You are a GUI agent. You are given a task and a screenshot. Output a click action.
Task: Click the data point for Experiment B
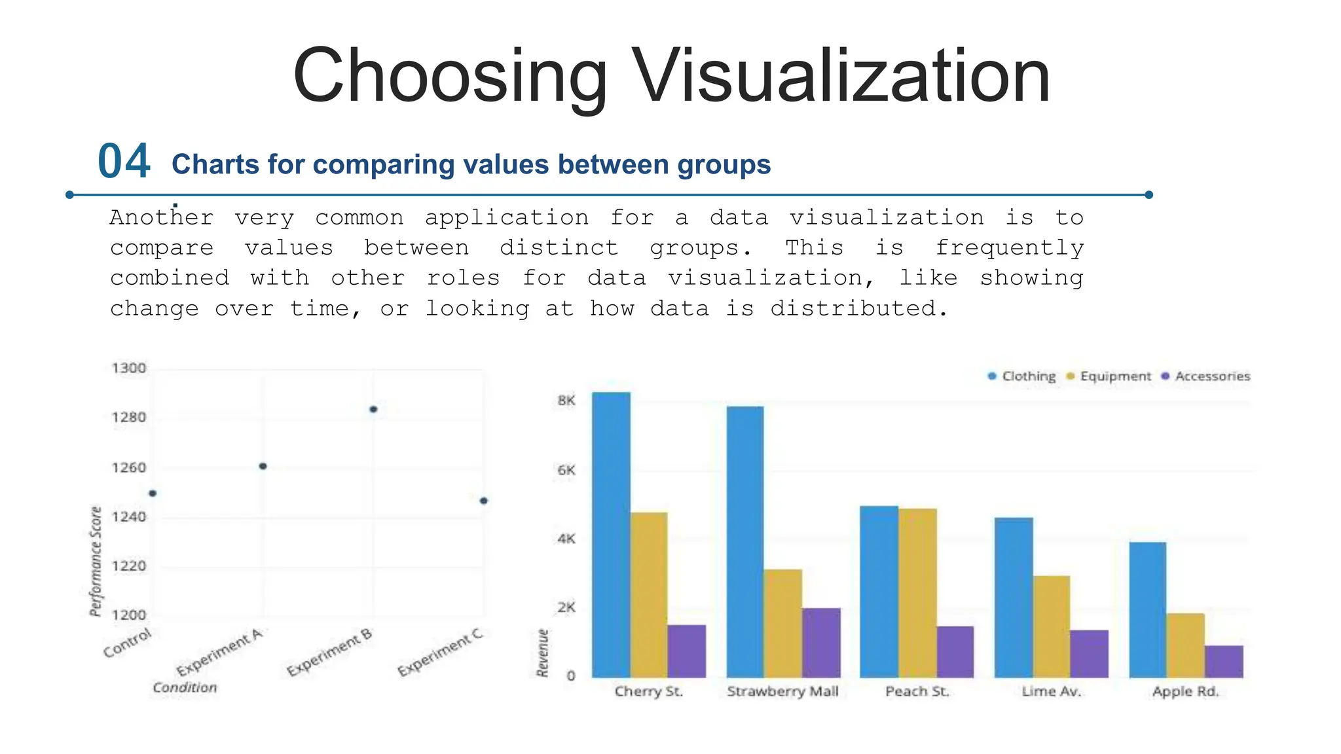click(x=373, y=410)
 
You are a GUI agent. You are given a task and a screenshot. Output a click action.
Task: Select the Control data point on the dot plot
click(x=153, y=494)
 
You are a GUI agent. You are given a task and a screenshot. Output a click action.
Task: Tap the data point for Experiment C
click(x=484, y=501)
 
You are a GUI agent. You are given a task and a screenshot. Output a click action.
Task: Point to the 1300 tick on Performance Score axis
click(x=129, y=368)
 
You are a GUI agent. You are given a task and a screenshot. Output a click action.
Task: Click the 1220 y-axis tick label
click(x=129, y=566)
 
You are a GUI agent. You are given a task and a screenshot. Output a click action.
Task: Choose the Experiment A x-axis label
click(x=220, y=652)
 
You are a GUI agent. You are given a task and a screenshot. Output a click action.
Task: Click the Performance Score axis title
click(x=96, y=561)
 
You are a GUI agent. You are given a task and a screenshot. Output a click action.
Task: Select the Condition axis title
click(x=185, y=687)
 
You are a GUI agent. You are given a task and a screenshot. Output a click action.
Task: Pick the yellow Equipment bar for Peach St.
click(x=917, y=592)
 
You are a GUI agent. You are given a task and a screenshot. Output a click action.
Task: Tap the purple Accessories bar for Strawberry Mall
click(x=821, y=642)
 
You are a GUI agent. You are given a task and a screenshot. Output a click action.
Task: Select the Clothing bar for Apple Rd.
click(x=1147, y=609)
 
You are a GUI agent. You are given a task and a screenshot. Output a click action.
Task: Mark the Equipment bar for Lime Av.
click(x=1052, y=626)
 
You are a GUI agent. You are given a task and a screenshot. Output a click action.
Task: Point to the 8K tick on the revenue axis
click(x=566, y=401)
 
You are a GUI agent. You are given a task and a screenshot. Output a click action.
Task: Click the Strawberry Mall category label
click(x=782, y=691)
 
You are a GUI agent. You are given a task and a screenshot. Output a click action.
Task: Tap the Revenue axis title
click(x=542, y=653)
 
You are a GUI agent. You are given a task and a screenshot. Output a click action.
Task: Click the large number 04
click(x=124, y=162)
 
